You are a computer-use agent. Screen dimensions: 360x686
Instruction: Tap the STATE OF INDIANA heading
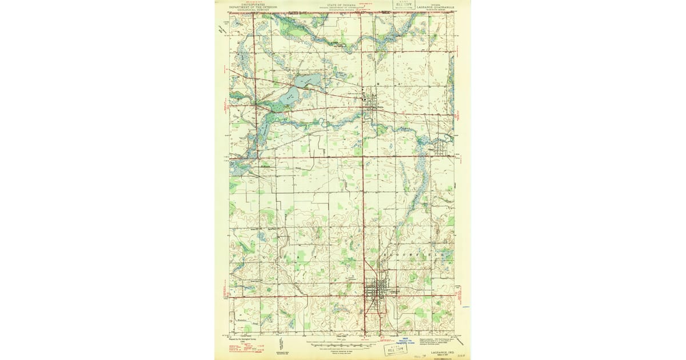click(341, 3)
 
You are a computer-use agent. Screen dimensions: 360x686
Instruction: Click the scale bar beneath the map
click(341, 345)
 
